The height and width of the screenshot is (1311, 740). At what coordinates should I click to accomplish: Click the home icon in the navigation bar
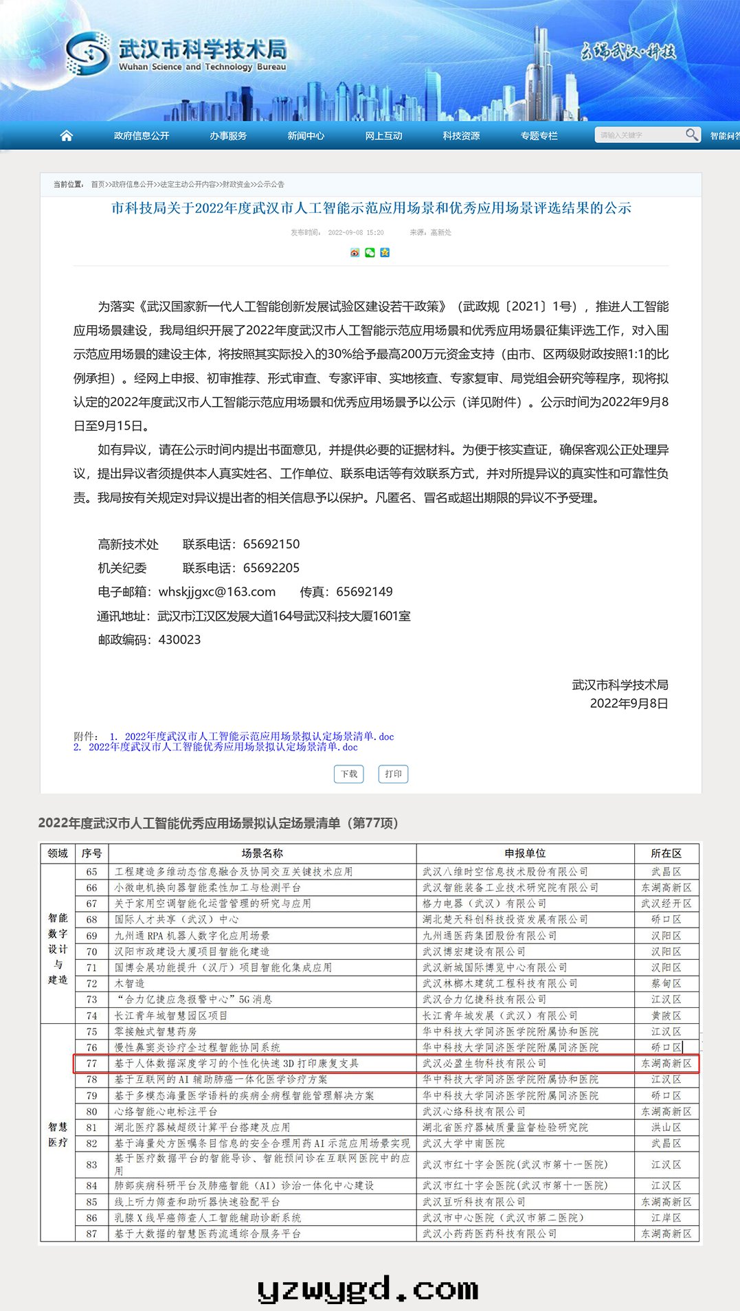click(67, 135)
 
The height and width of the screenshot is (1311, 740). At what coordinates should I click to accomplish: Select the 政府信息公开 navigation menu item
click(142, 136)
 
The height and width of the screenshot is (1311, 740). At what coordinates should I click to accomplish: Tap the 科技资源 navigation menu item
click(461, 136)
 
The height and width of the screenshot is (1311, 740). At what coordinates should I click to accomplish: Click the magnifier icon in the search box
click(692, 135)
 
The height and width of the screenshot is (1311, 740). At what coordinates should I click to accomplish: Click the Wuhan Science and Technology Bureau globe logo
click(88, 53)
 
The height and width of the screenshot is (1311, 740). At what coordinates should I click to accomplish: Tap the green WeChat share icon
click(370, 252)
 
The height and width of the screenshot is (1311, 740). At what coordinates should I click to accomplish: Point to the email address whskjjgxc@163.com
click(217, 592)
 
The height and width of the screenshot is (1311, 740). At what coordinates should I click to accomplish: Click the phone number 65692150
click(271, 544)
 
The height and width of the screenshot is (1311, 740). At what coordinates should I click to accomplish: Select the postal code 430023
click(179, 640)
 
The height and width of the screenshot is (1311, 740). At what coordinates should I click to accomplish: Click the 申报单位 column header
click(525, 853)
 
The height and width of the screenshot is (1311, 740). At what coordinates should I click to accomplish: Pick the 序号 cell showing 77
click(92, 1064)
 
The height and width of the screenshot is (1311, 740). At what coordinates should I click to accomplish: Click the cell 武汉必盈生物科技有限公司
click(484, 1064)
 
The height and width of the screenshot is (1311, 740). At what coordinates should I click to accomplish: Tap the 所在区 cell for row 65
click(666, 872)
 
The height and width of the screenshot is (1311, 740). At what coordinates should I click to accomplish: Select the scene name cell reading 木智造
click(130, 984)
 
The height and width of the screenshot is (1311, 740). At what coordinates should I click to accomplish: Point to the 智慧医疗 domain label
click(58, 1134)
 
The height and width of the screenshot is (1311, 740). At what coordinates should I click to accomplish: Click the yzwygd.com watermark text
click(368, 1290)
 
